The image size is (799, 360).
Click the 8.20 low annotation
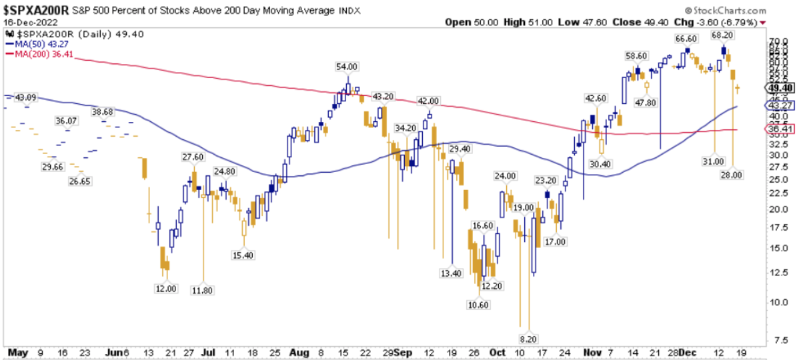click(x=528, y=339)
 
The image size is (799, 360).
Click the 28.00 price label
click(x=732, y=175)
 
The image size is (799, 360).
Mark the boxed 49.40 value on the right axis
click(x=779, y=87)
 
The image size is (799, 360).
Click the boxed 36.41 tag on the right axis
click(x=779, y=129)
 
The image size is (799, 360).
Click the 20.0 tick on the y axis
click(x=776, y=209)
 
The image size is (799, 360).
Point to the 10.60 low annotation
click(x=478, y=305)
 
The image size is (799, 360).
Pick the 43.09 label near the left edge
click(x=25, y=97)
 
